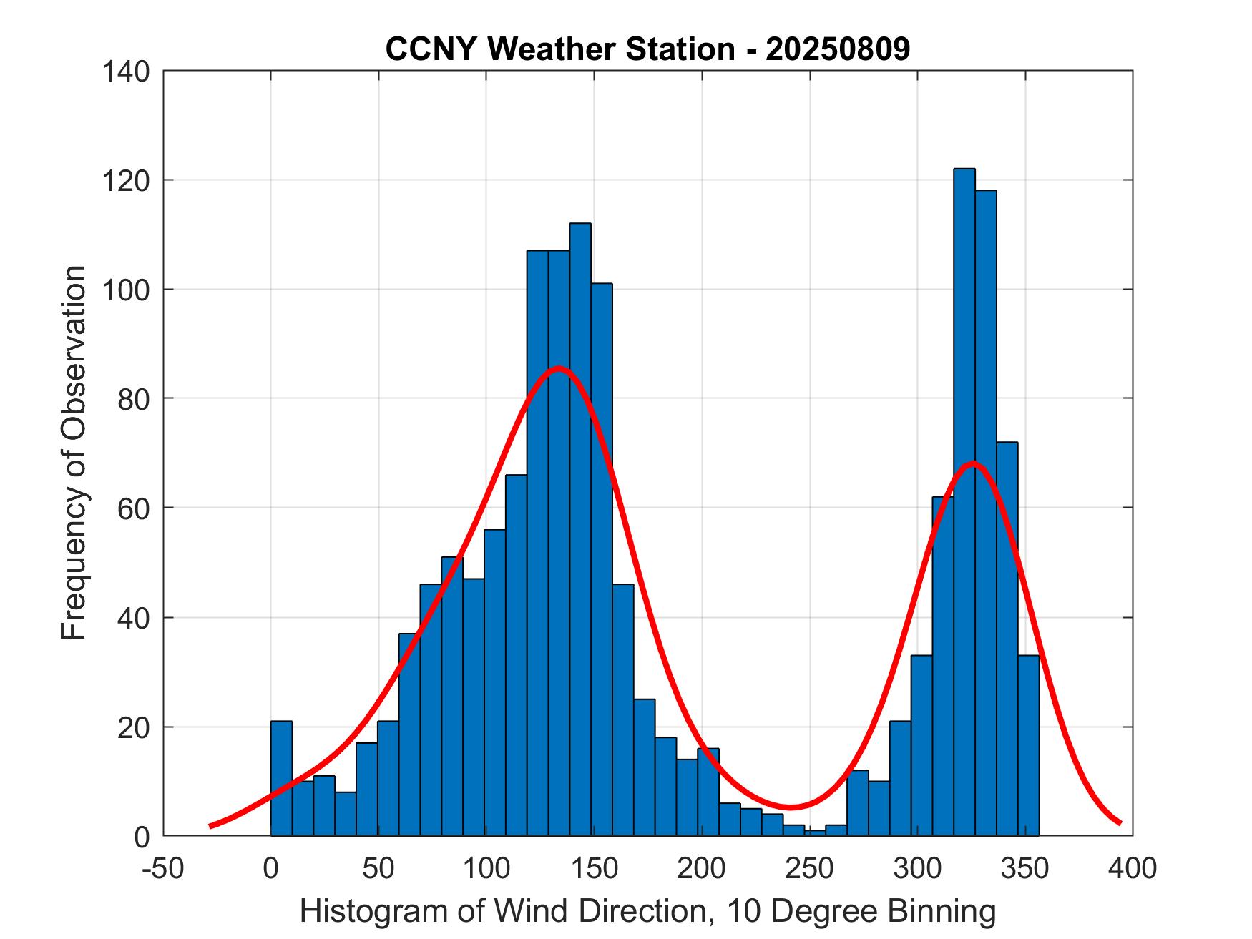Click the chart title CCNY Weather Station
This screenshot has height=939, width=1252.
[647, 49]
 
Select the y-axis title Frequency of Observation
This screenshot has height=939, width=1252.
[74, 453]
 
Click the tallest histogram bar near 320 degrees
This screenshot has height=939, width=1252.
[964, 501]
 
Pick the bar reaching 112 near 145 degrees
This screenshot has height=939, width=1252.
[580, 529]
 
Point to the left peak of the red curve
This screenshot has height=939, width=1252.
[558, 369]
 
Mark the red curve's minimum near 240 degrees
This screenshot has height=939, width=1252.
[791, 807]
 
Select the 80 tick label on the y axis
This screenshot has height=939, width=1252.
[133, 398]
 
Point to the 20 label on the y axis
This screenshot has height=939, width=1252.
[133, 727]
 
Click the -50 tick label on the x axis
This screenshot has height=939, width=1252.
[164, 868]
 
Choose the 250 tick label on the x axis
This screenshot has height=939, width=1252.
[809, 868]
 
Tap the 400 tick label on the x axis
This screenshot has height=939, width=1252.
[1132, 868]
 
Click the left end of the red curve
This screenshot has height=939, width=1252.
[210, 825]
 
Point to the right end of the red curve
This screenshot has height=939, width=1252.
[1120, 822]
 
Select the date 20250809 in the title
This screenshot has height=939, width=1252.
[838, 49]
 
